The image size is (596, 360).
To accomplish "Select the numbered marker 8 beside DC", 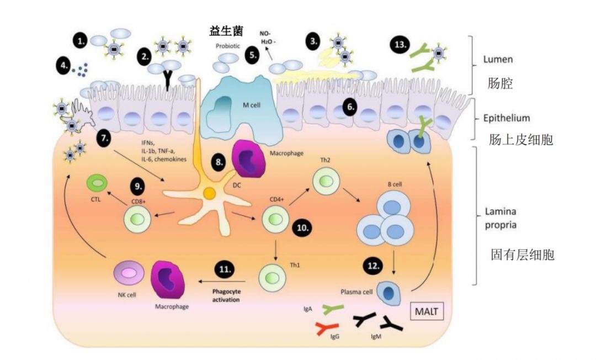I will click(220, 163).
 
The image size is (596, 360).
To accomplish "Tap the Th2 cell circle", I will click(324, 182).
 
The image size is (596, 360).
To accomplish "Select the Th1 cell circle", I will click(273, 274).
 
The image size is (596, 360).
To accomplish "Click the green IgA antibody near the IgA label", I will click(332, 310).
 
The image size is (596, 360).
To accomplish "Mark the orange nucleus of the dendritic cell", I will click(209, 194).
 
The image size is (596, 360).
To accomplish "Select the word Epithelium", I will click(506, 118).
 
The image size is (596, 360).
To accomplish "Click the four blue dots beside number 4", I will click(82, 69).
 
